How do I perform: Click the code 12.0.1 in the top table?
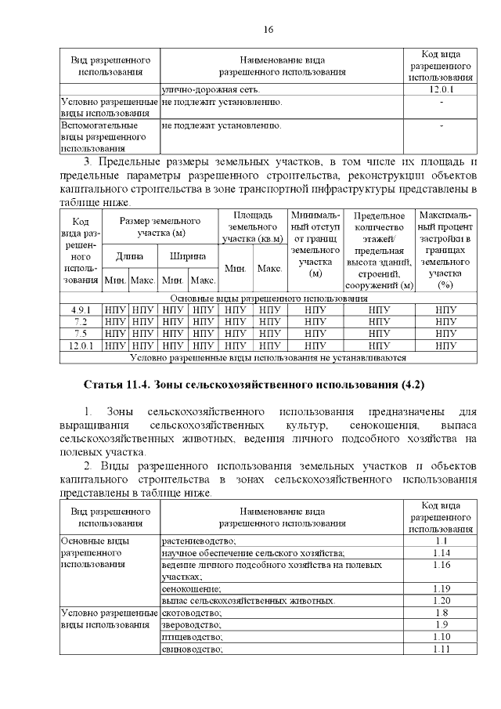(x=441, y=91)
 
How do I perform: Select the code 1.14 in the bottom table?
(x=441, y=552)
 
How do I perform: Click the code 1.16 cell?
(x=441, y=564)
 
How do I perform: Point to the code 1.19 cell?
(x=441, y=588)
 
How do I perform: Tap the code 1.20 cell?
(x=441, y=600)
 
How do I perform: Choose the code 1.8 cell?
(x=441, y=613)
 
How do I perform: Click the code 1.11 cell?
(x=441, y=649)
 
